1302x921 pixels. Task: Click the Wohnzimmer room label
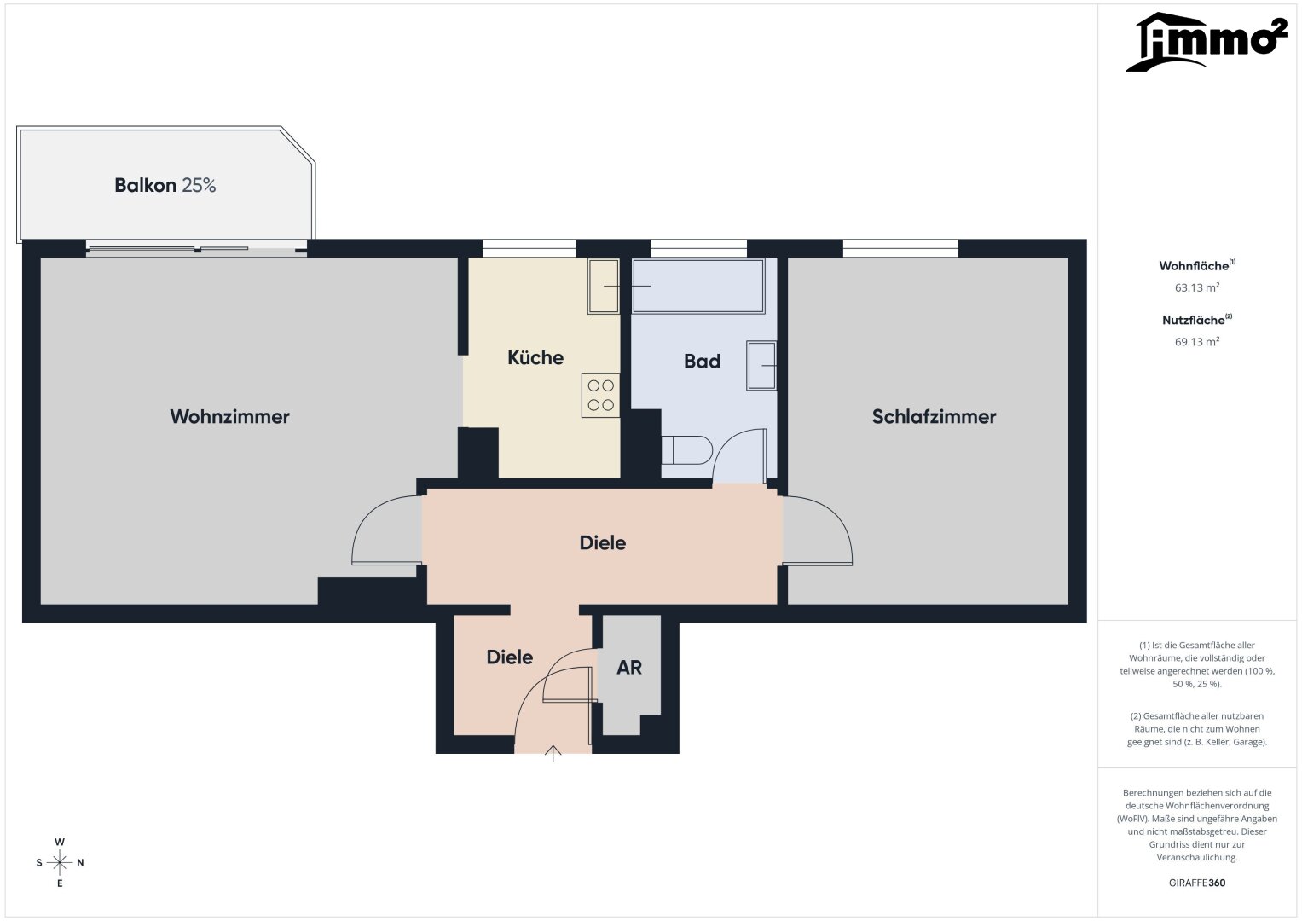coord(229,416)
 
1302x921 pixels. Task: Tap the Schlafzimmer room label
coord(934,416)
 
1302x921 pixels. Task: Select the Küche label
coord(535,357)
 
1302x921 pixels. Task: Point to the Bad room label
coord(702,361)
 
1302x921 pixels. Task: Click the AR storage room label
coord(629,668)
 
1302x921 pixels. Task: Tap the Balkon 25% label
coord(165,185)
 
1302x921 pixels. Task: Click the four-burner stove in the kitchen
coord(600,396)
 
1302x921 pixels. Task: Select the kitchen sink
coord(604,286)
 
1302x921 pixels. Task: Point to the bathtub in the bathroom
coord(698,286)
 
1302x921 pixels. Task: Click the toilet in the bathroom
coord(687,450)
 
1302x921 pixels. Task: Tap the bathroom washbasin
coord(761,365)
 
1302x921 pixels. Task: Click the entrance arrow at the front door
coord(553,754)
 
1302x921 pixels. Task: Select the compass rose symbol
coord(60,862)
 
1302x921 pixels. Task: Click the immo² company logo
coord(1207,42)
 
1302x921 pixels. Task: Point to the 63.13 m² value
coord(1197,287)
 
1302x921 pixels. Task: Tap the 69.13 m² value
coord(1197,341)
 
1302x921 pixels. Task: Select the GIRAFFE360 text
coord(1197,883)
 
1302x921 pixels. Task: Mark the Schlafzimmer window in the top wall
coord(900,248)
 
